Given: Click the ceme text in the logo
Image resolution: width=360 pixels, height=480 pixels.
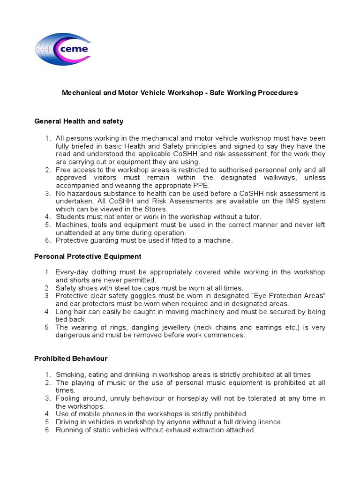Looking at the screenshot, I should pyautogui.click(x=74, y=48).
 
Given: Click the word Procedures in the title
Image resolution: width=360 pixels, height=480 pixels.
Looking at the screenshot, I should pyautogui.click(x=279, y=93).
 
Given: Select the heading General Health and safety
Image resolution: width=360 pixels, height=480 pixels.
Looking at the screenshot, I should pyautogui.click(x=79, y=121).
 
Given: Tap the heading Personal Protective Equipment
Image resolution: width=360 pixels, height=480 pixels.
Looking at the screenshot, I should pyautogui.click(x=88, y=256).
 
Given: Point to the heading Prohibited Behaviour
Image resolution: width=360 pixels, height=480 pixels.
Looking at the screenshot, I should pyautogui.click(x=71, y=359).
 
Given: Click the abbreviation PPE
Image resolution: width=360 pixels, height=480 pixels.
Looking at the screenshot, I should pyautogui.click(x=202, y=186).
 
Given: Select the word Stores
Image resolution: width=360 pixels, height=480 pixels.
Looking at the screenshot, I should pyautogui.click(x=156, y=209).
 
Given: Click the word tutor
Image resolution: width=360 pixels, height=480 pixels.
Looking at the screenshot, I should pyautogui.click(x=250, y=217).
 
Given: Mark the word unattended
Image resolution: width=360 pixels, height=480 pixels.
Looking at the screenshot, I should pyautogui.click(x=74, y=233).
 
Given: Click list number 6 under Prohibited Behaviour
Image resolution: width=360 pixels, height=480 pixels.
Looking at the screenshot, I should pyautogui.click(x=47, y=430).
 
